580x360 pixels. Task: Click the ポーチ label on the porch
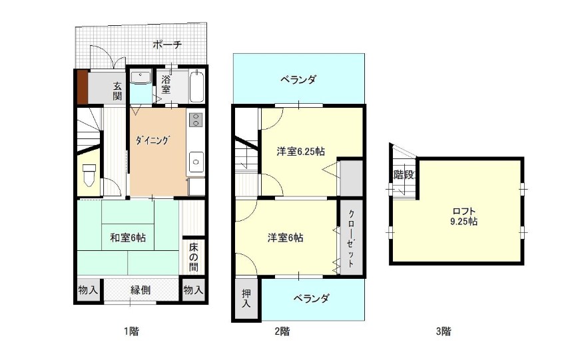(x=167, y=45)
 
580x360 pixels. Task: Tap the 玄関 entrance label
(x=117, y=91)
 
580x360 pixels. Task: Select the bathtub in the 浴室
(x=197, y=87)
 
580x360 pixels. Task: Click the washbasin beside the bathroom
(x=141, y=78)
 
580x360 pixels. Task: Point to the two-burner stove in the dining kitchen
(x=196, y=119)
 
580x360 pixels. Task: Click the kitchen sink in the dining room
(x=196, y=162)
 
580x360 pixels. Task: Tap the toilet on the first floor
(x=89, y=175)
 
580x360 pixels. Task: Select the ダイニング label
(x=152, y=140)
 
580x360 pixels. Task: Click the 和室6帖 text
(x=128, y=238)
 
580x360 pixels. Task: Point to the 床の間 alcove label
(x=194, y=257)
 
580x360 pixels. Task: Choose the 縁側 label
(x=141, y=290)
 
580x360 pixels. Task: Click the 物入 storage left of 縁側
(x=89, y=290)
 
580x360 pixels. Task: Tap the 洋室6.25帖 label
(x=301, y=152)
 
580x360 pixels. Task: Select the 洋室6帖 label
(x=286, y=238)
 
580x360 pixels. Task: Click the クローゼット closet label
(x=351, y=238)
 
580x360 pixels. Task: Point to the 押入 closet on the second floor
(x=247, y=299)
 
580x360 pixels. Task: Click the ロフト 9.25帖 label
(x=464, y=216)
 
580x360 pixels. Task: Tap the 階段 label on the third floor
(x=404, y=175)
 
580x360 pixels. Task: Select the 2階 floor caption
(x=282, y=331)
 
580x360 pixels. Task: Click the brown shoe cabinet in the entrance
(x=83, y=87)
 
